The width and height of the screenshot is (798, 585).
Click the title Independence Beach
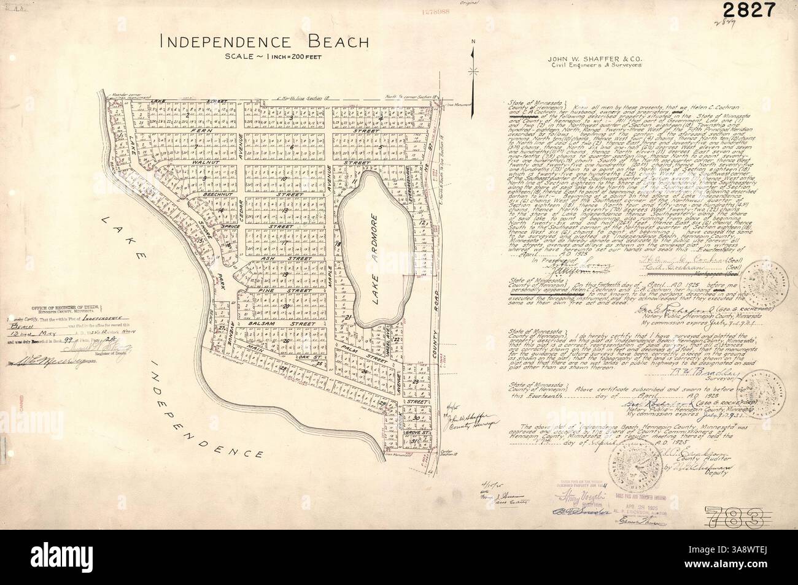pos(264,42)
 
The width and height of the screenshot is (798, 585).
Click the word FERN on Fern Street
pos(200,131)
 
